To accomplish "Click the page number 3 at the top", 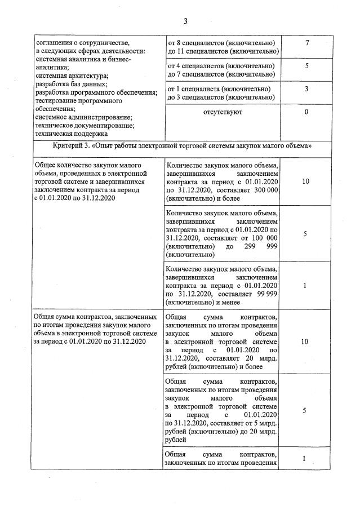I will (x=185, y=21).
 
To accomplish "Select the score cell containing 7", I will (x=306, y=43).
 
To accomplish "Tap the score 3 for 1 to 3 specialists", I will (x=306, y=88).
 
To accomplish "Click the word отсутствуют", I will (x=223, y=112).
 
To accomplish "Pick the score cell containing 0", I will (x=306, y=112).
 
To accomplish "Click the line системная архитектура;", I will (x=72, y=76).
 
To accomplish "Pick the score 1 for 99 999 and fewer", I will (x=305, y=285).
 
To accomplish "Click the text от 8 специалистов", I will (x=201, y=43).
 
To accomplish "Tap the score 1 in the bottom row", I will (x=305, y=459).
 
